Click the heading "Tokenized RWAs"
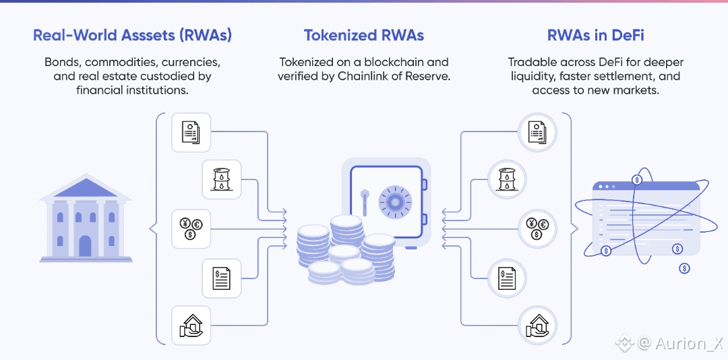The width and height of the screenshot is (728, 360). click(363, 35)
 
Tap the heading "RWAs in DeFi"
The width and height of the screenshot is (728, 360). click(595, 35)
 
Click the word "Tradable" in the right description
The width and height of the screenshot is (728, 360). click(533, 62)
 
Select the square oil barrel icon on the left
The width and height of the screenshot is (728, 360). click(222, 179)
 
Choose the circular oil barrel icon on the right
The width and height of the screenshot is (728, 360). click(507, 179)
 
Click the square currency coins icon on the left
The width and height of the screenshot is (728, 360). click(191, 229)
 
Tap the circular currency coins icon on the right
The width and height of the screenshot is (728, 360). click(537, 229)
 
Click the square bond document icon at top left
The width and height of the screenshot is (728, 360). click(191, 131)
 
